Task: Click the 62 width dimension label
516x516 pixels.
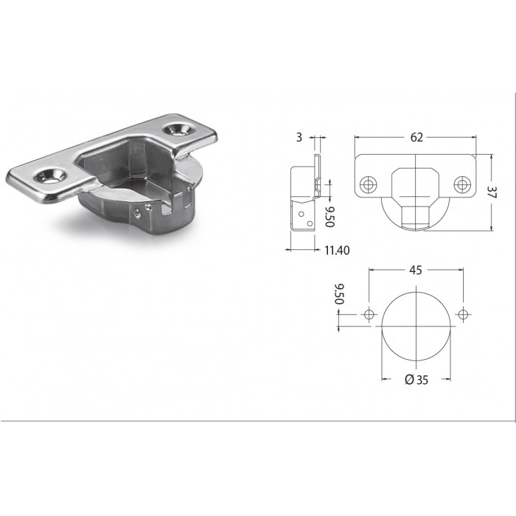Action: [416, 137]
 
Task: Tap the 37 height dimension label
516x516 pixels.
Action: [492, 192]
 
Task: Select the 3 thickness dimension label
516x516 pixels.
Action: [299, 137]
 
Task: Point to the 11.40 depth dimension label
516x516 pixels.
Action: [337, 251]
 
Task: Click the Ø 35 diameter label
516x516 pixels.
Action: [416, 380]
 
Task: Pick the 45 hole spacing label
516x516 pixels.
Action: [416, 271]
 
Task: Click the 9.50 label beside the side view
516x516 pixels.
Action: [330, 217]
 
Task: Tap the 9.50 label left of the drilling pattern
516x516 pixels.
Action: [339, 294]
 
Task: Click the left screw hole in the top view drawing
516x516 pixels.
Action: [369, 184]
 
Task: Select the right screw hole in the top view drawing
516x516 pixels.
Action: [462, 184]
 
